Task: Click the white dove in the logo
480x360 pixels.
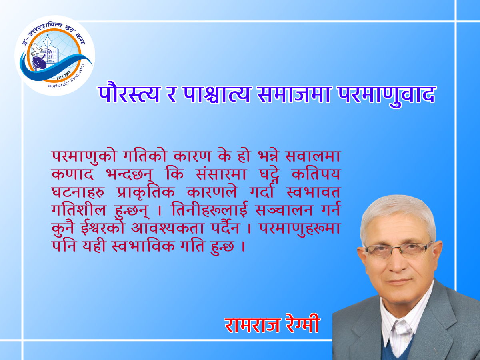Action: (x=36, y=50)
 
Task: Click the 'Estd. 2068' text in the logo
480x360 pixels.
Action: (x=64, y=75)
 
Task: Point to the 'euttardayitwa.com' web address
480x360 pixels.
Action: (x=66, y=77)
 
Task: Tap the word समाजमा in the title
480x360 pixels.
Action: (x=294, y=94)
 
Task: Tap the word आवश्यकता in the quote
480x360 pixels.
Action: (x=168, y=228)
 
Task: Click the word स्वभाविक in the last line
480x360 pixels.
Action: (x=143, y=246)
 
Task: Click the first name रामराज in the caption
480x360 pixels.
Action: (x=252, y=325)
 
